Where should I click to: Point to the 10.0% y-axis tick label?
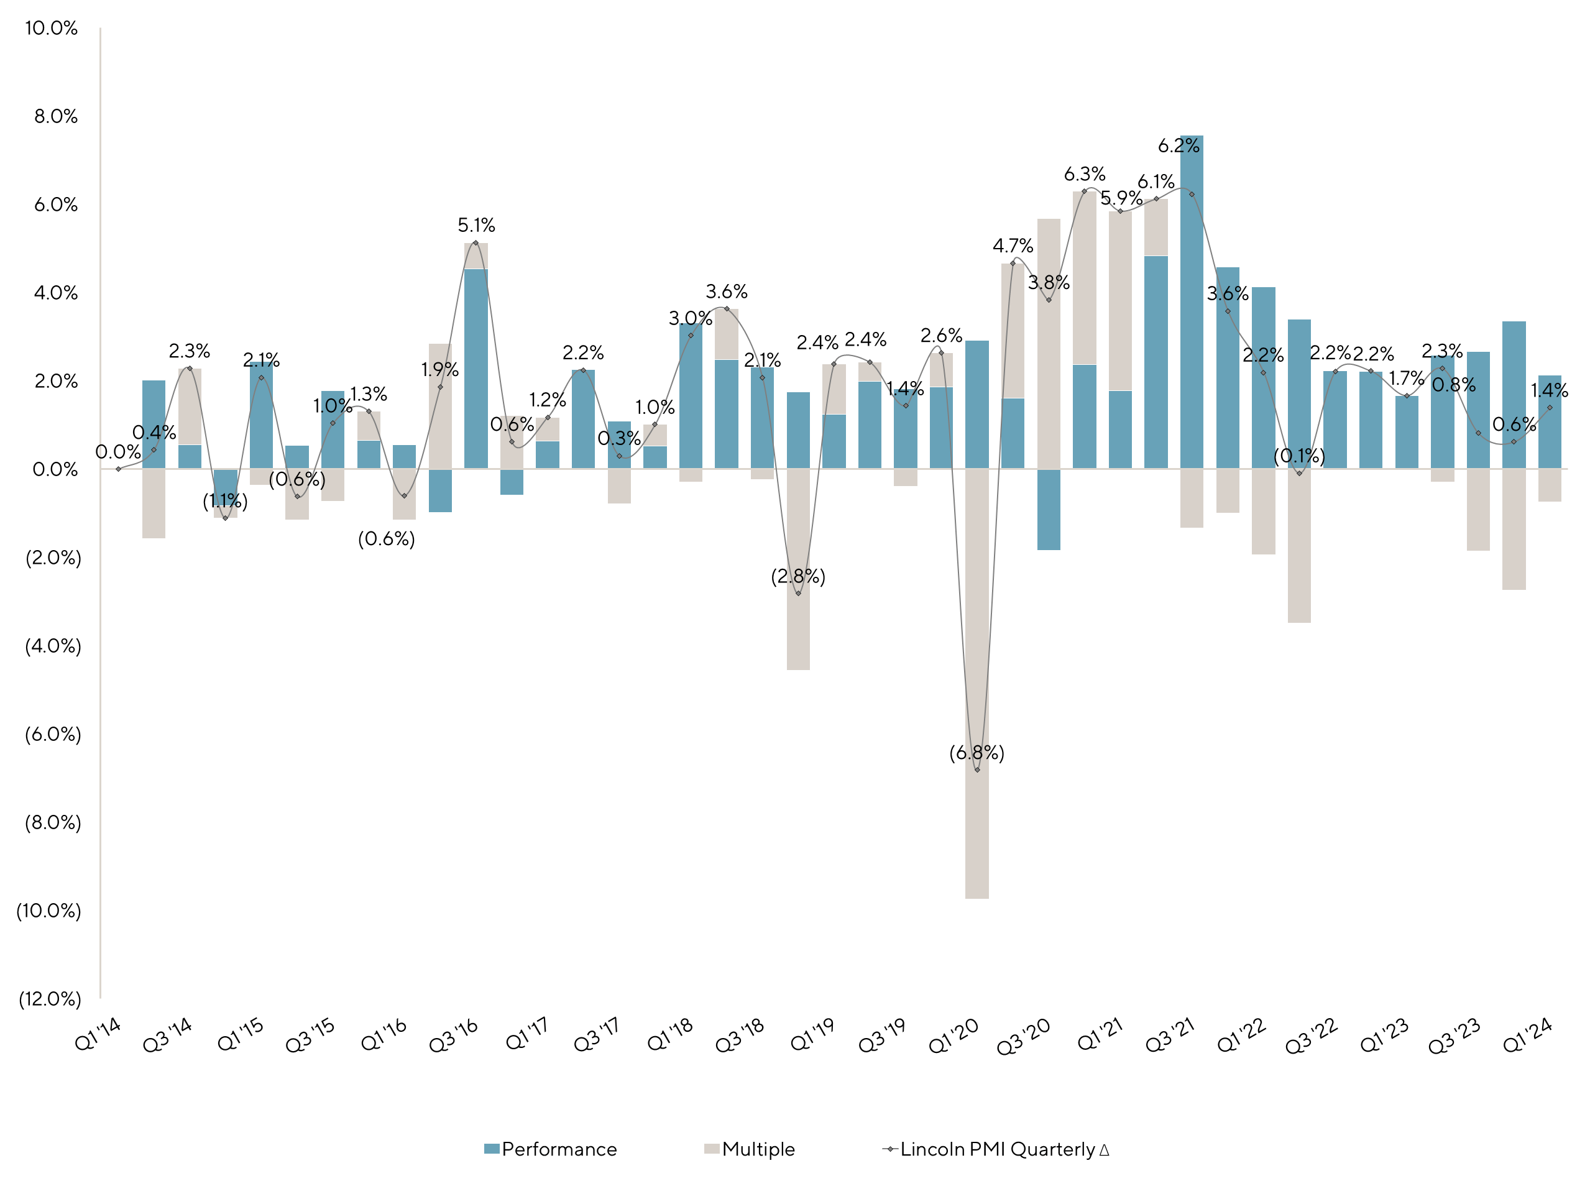click(51, 28)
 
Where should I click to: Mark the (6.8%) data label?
click(977, 753)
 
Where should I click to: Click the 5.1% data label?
click(476, 225)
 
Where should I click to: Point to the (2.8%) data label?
click(798, 576)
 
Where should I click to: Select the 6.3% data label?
click(1085, 173)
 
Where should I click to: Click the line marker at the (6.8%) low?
click(977, 770)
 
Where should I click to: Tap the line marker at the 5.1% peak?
click(476, 243)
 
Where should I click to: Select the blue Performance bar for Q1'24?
click(1550, 429)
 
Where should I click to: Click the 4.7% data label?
click(1013, 246)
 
